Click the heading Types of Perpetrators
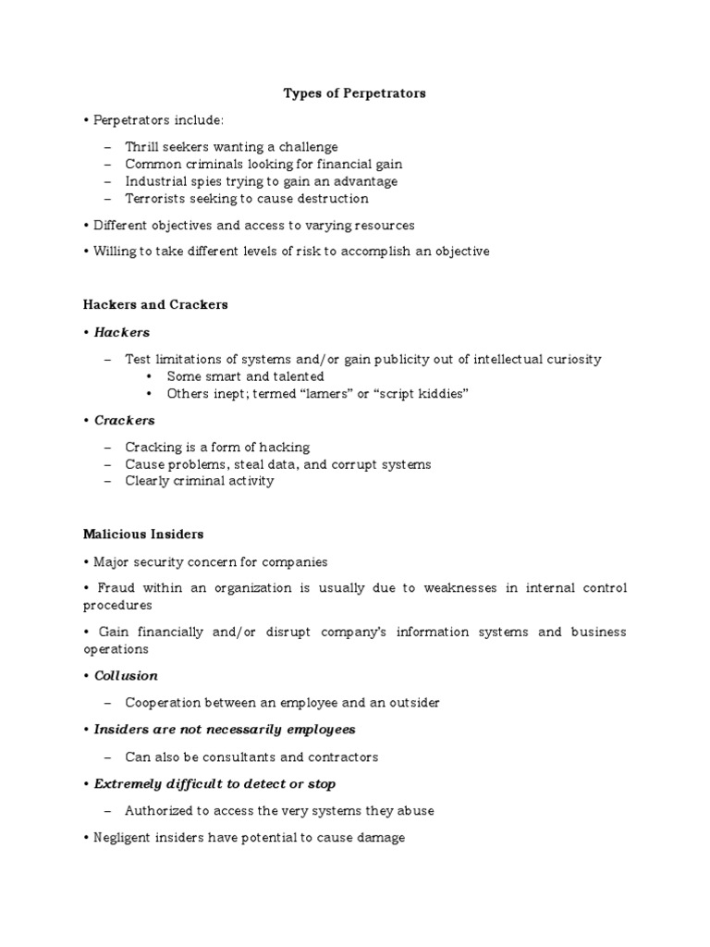pos(354,93)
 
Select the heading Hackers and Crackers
pos(155,304)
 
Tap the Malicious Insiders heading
pos(143,534)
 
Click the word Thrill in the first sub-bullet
pos(142,147)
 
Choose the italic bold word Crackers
pos(124,421)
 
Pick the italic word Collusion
pos(126,676)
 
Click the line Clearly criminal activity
pos(200,481)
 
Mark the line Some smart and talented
pos(245,376)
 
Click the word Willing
pos(115,252)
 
